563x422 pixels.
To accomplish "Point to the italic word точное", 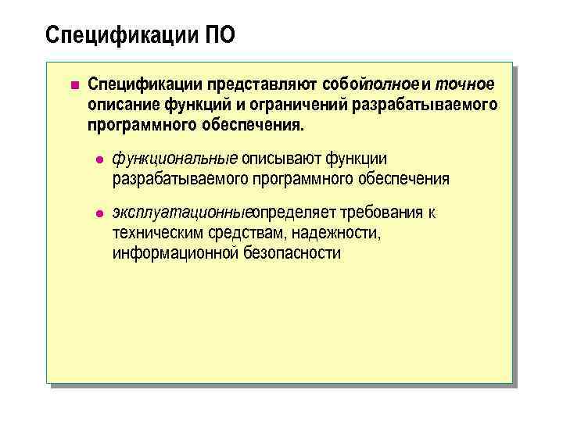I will point(464,84).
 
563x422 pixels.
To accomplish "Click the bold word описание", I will point(123,104).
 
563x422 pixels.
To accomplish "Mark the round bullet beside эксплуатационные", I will point(99,214).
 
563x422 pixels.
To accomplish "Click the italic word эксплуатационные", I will point(181,213).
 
